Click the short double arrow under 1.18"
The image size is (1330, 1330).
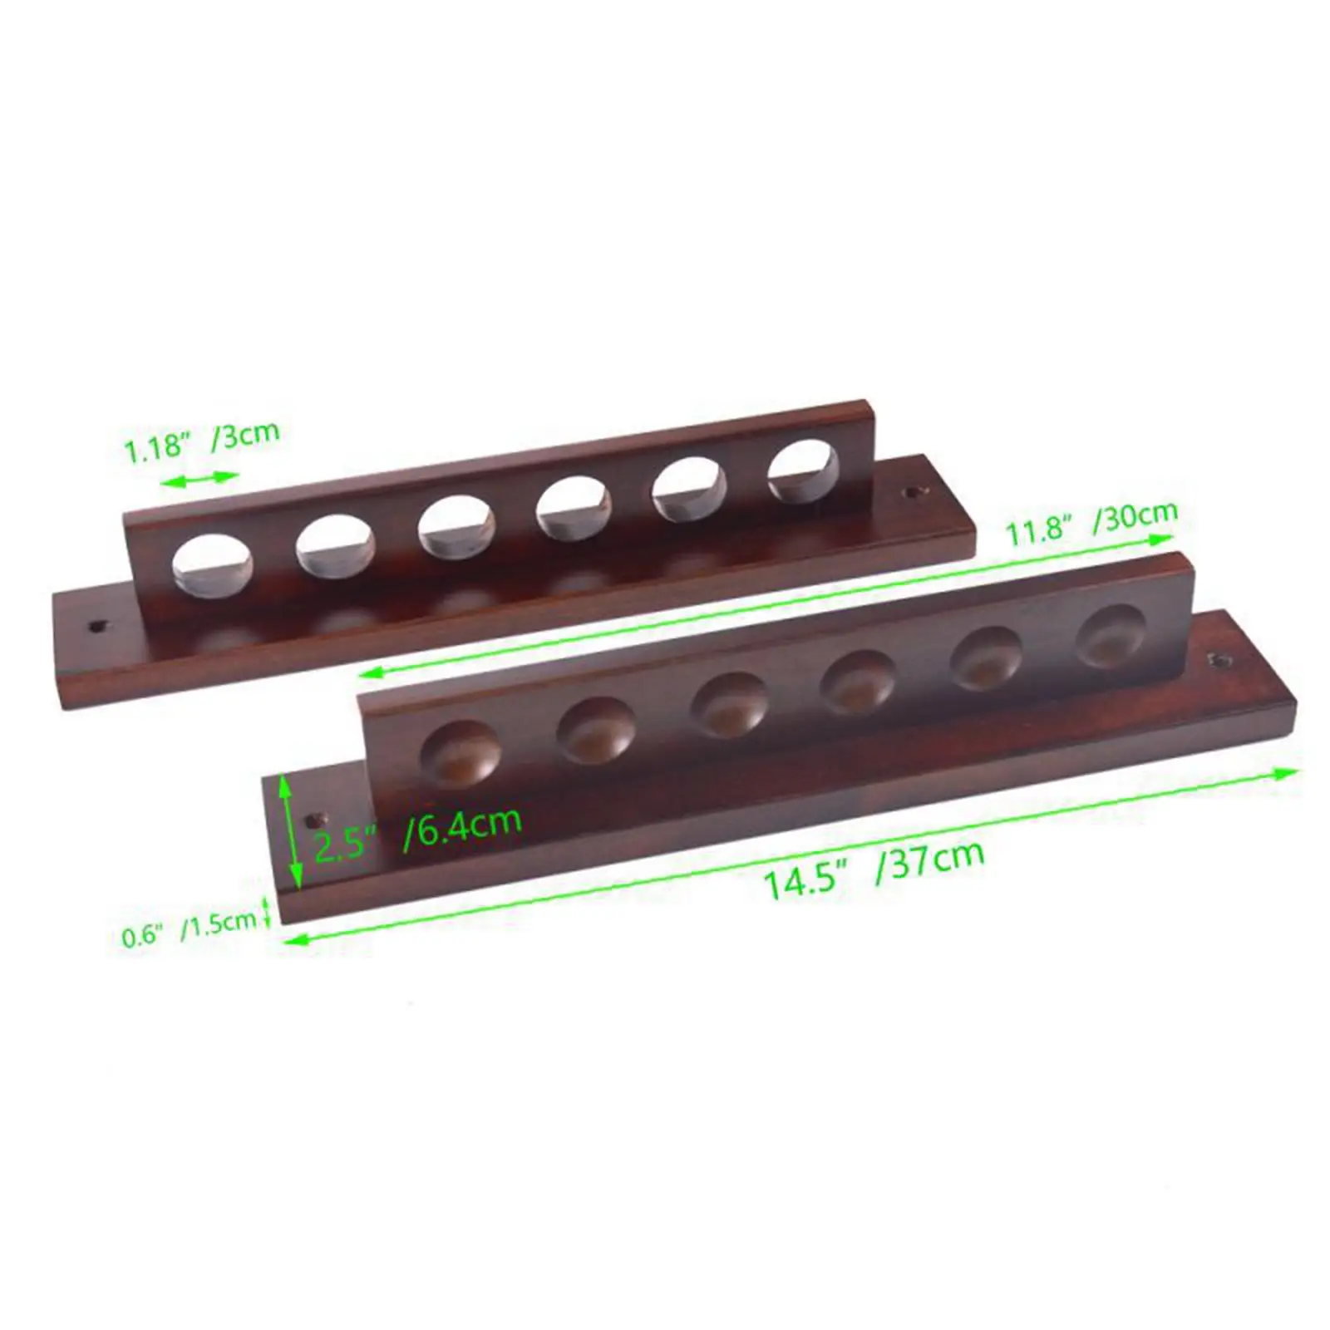pyautogui.click(x=199, y=478)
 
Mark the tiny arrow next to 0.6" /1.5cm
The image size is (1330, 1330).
pyautogui.click(x=267, y=911)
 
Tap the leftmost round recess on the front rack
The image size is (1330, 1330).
pyautogui.click(x=461, y=753)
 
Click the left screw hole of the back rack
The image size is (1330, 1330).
pyautogui.click(x=97, y=624)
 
